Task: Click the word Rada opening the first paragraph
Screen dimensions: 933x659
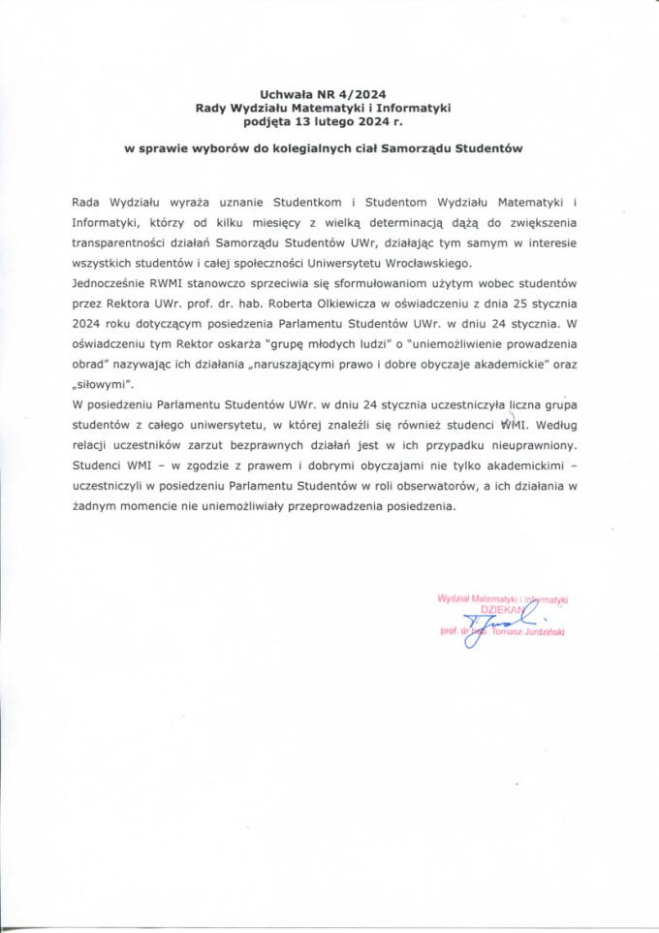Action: tap(87, 202)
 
